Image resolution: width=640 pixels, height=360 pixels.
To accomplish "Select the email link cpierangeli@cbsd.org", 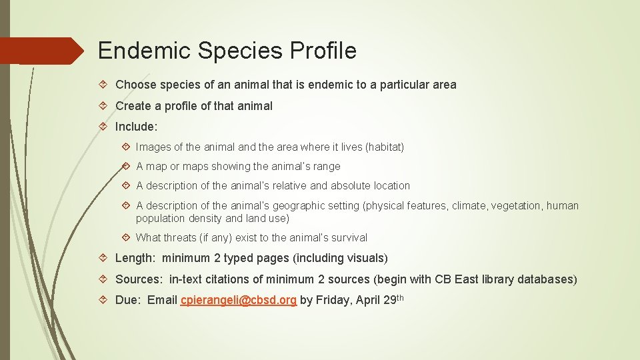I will [238, 300].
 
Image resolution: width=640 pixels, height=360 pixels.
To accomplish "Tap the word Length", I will [135, 258].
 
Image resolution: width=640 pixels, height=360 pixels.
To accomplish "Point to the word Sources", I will [139, 279].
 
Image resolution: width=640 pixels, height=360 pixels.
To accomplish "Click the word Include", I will [136, 126].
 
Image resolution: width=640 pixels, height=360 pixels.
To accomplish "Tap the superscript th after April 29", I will [400, 297].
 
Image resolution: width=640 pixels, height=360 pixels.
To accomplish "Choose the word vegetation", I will [518, 206].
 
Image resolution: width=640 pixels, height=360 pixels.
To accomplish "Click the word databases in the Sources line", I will [549, 279].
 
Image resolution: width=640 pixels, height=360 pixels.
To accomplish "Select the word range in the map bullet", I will [326, 167].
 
